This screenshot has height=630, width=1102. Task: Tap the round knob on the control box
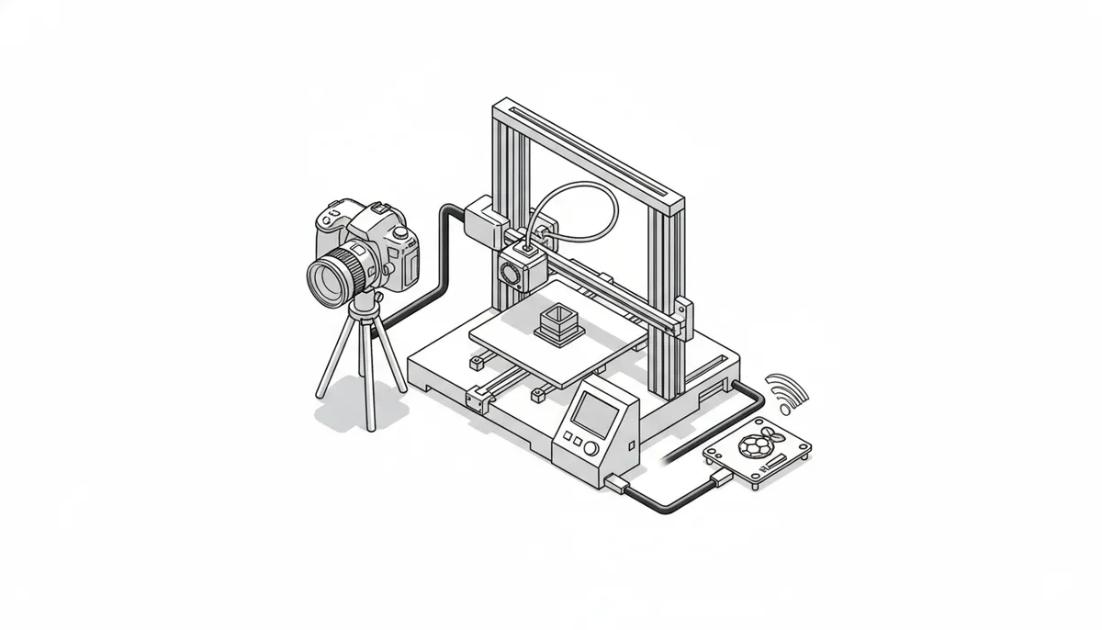coord(591,449)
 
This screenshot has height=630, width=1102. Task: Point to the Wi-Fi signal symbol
coord(787,390)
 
